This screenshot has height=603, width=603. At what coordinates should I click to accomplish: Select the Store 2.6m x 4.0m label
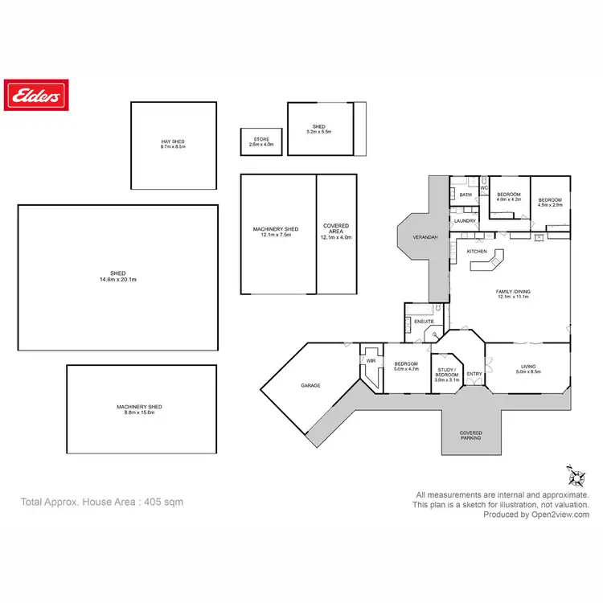pos(261,142)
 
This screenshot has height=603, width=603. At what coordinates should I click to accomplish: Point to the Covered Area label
pos(336,232)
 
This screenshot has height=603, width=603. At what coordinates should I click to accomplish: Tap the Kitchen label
pos(477,252)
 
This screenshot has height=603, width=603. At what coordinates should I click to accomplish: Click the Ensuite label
pos(424,322)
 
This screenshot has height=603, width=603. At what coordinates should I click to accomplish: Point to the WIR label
pos(371,361)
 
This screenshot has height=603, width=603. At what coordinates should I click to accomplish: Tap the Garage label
pos(310,385)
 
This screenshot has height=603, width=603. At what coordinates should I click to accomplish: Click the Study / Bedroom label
pos(446,374)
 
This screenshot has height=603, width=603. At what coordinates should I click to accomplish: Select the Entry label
pos(474,374)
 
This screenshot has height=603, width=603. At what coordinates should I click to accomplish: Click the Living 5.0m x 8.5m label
pos(527,369)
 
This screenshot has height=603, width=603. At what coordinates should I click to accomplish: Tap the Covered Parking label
pos(471,436)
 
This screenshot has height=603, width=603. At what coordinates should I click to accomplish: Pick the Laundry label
pos(465,220)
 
